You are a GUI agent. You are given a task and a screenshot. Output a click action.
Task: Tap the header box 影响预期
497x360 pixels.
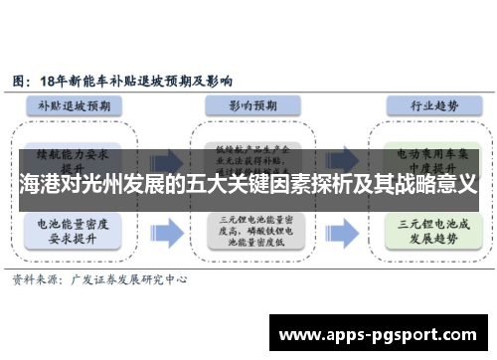[248, 103]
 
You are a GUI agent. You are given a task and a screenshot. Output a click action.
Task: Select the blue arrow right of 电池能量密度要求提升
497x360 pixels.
[169, 233]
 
